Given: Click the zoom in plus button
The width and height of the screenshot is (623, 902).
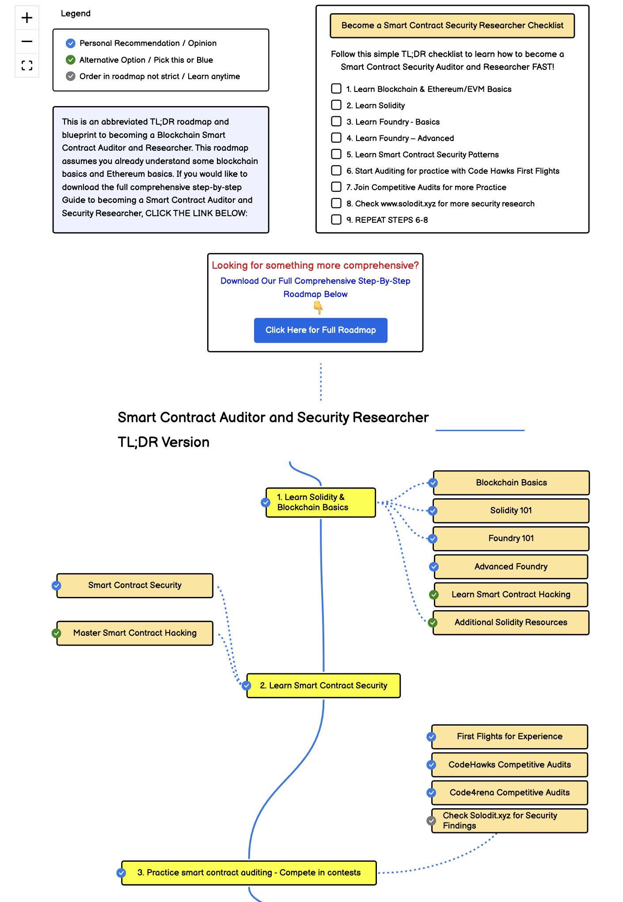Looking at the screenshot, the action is [27, 18].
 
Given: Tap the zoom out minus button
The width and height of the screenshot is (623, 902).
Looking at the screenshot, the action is [27, 42].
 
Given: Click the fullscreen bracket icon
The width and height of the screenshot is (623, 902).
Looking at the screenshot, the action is [27, 65].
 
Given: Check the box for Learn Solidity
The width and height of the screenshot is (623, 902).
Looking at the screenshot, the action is [336, 105].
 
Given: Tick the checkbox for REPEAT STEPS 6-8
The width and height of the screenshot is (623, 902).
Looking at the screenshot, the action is [336, 219].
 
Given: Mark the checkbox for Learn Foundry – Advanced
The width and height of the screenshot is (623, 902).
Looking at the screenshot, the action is [336, 138].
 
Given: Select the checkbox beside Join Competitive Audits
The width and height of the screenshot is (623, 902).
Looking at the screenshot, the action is [336, 187].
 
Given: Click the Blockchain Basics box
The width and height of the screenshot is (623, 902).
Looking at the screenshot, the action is [511, 482].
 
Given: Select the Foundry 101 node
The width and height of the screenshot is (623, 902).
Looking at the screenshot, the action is [511, 538].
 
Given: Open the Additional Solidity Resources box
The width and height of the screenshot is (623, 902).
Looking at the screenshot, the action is [511, 622].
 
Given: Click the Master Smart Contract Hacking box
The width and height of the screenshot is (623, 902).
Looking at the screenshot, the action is [135, 633].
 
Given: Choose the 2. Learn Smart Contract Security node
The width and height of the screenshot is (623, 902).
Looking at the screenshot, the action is [323, 685].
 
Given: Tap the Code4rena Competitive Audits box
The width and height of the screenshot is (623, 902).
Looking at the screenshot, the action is [510, 792].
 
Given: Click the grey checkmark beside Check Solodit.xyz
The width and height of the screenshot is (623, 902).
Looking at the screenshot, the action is [431, 821].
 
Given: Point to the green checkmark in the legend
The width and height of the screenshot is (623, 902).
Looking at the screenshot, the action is [71, 60].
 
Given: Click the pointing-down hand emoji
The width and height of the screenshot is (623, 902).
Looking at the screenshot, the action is [318, 307].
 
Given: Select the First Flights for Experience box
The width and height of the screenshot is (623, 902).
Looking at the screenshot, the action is [510, 736].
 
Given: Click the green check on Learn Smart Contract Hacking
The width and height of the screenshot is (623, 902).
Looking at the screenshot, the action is [434, 595].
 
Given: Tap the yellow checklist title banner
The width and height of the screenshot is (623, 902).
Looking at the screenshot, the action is [452, 26].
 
